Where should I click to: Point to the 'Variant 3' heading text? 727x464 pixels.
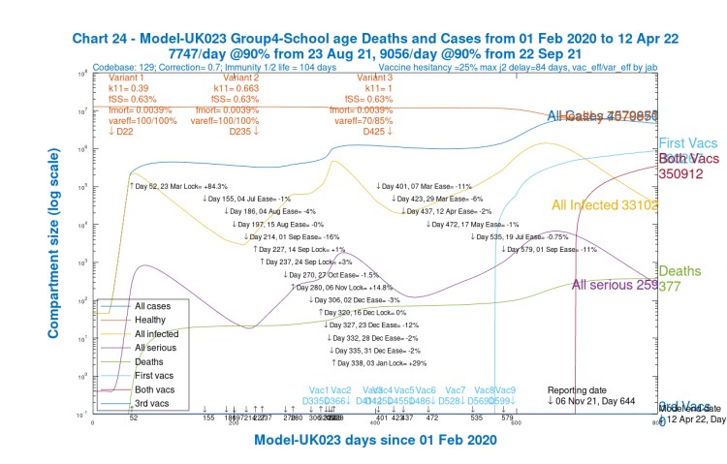pyautogui.click(x=374, y=77)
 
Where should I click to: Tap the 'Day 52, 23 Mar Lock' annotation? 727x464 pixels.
pyautogui.click(x=178, y=185)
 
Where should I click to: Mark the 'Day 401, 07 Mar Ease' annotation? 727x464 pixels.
pyautogui.click(x=424, y=185)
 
